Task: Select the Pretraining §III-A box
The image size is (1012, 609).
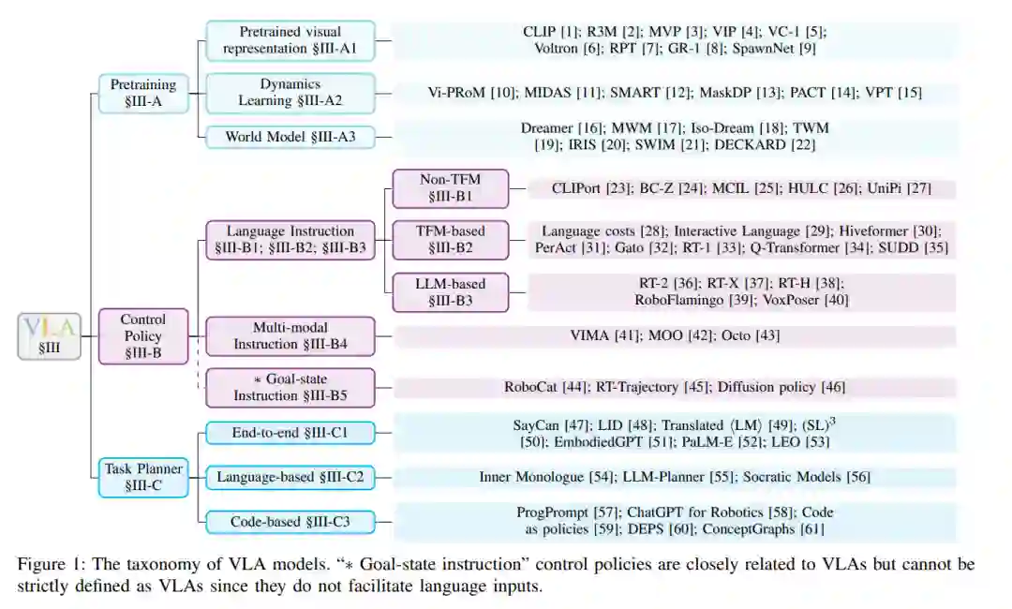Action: pyautogui.click(x=142, y=94)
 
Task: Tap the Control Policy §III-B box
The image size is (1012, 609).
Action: pyautogui.click(x=142, y=335)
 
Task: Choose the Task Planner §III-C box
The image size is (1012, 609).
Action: pyautogui.click(x=142, y=478)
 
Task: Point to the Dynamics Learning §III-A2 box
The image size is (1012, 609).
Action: pyautogui.click(x=290, y=93)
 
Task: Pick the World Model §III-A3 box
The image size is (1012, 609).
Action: pyautogui.click(x=290, y=137)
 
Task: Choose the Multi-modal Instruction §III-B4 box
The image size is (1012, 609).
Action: pyautogui.click(x=290, y=335)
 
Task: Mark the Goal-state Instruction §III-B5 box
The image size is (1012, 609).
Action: pyautogui.click(x=290, y=387)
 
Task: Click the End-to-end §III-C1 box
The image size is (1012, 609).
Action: pyautogui.click(x=290, y=433)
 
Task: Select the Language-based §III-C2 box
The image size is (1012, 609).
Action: pyautogui.click(x=290, y=478)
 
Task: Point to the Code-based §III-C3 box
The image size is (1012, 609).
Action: pyautogui.click(x=290, y=522)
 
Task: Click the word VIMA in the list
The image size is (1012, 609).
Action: pyautogui.click(x=591, y=335)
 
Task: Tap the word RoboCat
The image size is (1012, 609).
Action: pyautogui.click(x=531, y=387)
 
